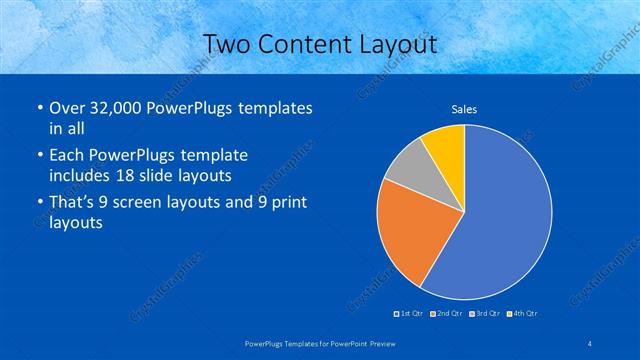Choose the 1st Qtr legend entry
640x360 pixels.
click(411, 314)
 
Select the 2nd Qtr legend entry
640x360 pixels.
click(447, 314)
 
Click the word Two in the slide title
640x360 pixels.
click(226, 44)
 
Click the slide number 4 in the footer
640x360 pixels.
click(591, 343)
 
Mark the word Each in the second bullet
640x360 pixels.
click(66, 156)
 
